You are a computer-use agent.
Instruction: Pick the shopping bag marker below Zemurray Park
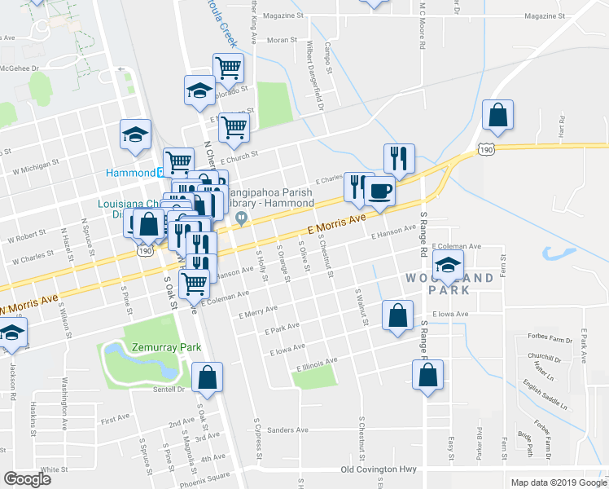[x=208, y=377]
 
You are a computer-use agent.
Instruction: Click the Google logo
[x=28, y=479]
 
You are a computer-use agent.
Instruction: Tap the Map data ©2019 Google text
[x=558, y=482]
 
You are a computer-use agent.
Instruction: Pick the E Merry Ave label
[x=259, y=312]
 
